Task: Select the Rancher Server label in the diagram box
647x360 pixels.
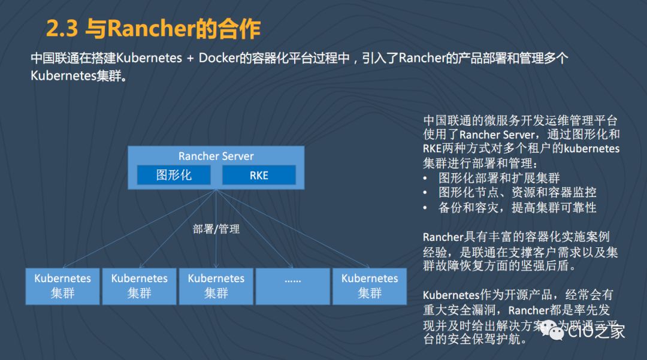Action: click(216, 156)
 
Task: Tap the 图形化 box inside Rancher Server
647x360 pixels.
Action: click(174, 175)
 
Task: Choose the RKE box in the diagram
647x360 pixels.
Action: click(259, 175)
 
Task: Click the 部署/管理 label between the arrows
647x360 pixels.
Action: click(216, 229)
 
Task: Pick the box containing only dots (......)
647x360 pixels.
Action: click(292, 286)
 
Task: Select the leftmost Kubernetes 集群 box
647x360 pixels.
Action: click(62, 286)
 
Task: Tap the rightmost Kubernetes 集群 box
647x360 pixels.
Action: click(369, 286)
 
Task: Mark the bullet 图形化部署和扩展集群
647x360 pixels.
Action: click(498, 178)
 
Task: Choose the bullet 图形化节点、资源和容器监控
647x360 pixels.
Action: click(516, 193)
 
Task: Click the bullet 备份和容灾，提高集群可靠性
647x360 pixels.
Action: click(516, 208)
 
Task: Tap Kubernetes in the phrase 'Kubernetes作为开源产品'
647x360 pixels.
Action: click(452, 295)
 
